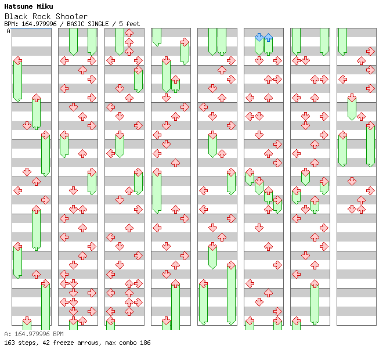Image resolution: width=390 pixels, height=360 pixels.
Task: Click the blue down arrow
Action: click(x=259, y=37)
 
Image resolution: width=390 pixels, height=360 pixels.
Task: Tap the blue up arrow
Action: click(x=268, y=37)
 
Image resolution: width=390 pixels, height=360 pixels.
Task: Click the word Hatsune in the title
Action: click(x=17, y=6)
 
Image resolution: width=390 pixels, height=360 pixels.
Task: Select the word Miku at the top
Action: click(x=45, y=6)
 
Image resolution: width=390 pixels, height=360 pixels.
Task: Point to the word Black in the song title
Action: click(x=15, y=16)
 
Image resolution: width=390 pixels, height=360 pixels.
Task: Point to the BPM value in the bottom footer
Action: click(x=32, y=334)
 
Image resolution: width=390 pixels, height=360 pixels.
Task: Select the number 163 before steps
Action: click(x=9, y=343)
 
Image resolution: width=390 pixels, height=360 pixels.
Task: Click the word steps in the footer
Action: click(x=27, y=343)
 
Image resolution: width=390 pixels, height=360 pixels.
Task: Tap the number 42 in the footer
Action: click(x=42, y=343)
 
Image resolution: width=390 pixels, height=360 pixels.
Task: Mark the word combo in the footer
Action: click(x=125, y=343)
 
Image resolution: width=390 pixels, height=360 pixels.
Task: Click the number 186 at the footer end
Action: click(x=145, y=343)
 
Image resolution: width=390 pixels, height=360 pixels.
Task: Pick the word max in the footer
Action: click(x=109, y=343)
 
